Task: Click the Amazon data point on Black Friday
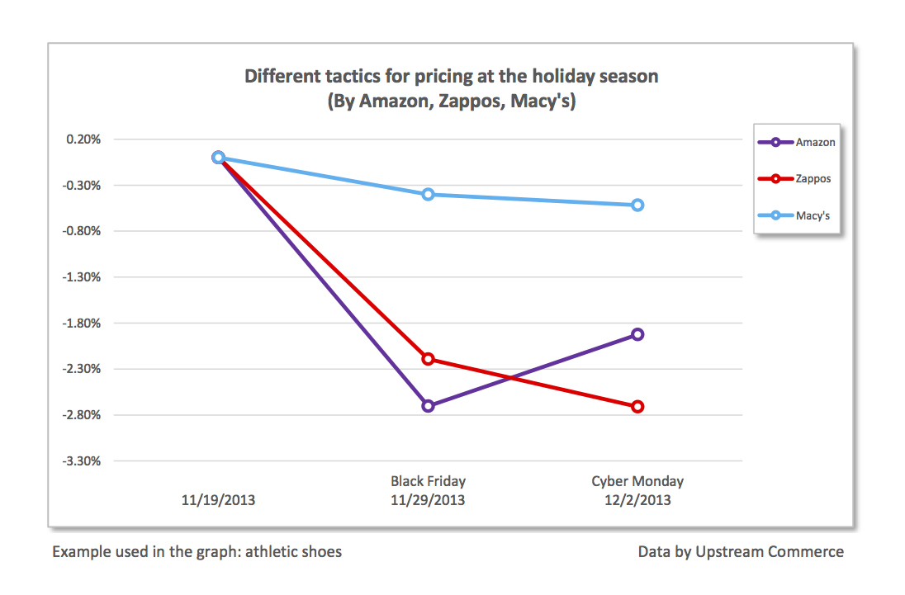coord(428,405)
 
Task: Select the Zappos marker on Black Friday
coord(428,359)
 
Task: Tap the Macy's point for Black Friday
coord(428,195)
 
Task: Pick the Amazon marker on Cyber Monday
coord(637,334)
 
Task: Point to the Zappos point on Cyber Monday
coord(637,406)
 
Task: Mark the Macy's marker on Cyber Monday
coord(637,205)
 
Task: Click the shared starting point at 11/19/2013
coord(218,157)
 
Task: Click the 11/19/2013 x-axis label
coord(219,500)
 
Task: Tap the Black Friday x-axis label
coord(428,481)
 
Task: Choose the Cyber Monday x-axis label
coord(637,481)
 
